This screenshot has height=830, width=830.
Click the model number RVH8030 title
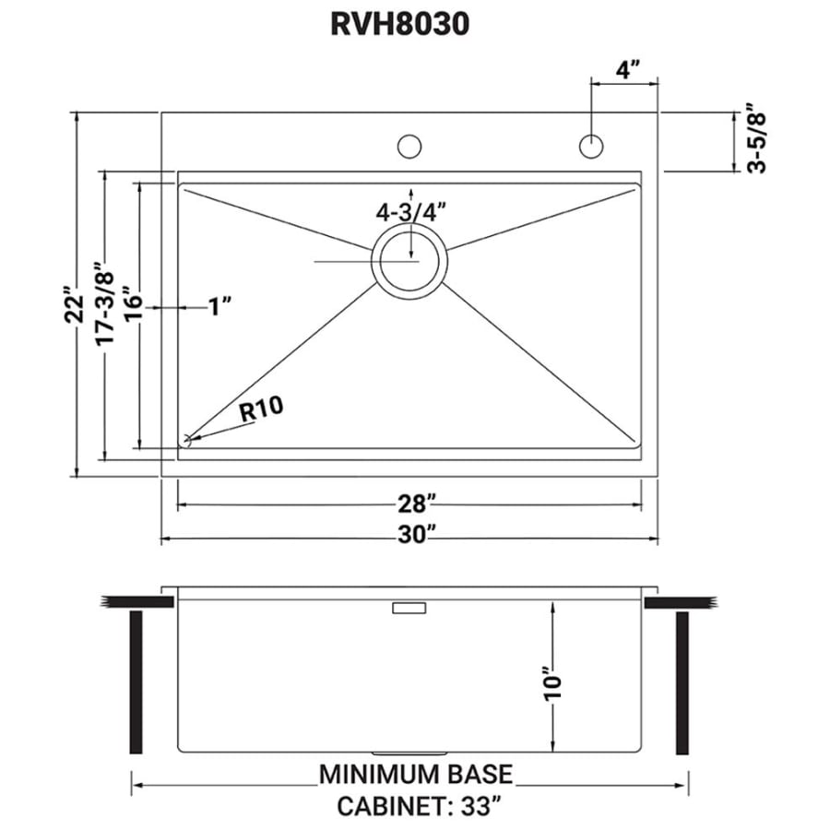click(x=399, y=24)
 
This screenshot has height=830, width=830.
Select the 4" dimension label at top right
click(x=628, y=69)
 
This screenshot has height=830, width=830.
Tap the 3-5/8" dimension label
click(x=757, y=137)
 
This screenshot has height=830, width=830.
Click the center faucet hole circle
click(x=409, y=146)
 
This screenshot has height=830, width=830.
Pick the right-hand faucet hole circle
click(x=591, y=146)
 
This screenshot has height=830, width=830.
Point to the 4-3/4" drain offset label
click(x=410, y=213)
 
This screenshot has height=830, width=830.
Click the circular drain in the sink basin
click(x=409, y=260)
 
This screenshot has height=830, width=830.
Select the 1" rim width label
click(x=219, y=306)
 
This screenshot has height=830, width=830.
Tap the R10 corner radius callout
click(x=262, y=409)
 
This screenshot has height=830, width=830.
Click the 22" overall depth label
click(x=74, y=305)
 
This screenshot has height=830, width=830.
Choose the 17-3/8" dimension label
click(x=105, y=303)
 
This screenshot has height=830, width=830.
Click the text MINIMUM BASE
click(x=416, y=775)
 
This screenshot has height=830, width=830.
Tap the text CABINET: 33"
click(x=418, y=807)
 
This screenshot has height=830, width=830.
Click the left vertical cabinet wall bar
click(x=136, y=682)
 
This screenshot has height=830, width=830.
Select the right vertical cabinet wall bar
click(x=682, y=682)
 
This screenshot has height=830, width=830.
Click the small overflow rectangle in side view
click(x=409, y=608)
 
